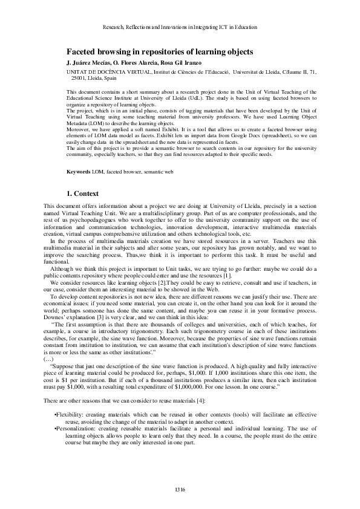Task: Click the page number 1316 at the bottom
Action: tap(180, 488)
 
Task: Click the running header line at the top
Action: tap(180, 27)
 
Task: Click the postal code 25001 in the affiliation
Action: tap(80, 79)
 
